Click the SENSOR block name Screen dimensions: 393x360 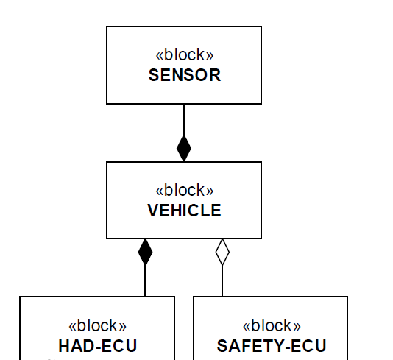(x=185, y=75)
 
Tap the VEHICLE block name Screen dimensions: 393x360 (x=185, y=211)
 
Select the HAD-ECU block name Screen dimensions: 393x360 (x=97, y=346)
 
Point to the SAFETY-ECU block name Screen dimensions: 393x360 (x=272, y=346)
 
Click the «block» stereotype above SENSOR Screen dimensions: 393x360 (x=185, y=54)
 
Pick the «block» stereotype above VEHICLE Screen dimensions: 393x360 (x=185, y=190)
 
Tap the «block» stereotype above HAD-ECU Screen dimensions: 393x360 (x=97, y=325)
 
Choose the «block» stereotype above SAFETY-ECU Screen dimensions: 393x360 (x=272, y=325)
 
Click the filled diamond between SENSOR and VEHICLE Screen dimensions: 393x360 (x=184, y=149)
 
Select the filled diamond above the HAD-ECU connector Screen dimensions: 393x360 (x=145, y=252)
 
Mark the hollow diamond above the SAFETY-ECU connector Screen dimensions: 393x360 (x=222, y=252)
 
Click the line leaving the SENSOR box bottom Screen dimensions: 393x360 (x=184, y=119)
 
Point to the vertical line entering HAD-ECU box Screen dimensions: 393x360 (x=145, y=280)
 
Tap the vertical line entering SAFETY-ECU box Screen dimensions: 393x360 (x=222, y=280)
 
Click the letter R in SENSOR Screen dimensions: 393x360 (x=216, y=75)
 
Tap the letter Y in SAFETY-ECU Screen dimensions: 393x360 (x=279, y=346)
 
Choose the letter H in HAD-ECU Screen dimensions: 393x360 (x=64, y=346)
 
